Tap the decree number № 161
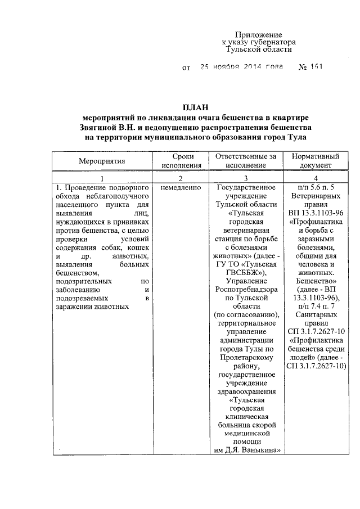310,68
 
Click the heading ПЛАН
195,107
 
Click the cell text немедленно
180,187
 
